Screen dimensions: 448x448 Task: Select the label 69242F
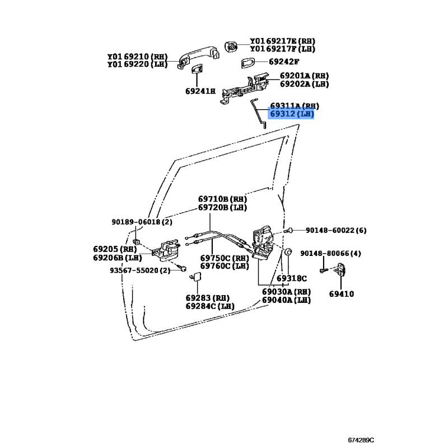(x=284, y=62)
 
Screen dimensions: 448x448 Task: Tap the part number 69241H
(x=200, y=91)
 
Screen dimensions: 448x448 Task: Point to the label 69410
(x=342, y=293)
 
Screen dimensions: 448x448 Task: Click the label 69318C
(x=291, y=278)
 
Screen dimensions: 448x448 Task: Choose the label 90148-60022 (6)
(x=336, y=230)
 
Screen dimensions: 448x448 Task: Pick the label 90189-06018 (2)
(x=142, y=222)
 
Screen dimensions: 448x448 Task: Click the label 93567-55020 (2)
(x=140, y=270)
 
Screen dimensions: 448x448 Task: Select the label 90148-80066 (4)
(x=330, y=254)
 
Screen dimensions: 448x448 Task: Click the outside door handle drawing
(x=198, y=57)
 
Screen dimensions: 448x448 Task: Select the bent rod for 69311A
(x=259, y=113)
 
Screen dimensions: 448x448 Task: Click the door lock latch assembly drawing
(x=262, y=243)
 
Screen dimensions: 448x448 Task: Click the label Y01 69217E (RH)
(x=282, y=41)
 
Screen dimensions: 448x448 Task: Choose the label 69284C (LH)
(x=210, y=306)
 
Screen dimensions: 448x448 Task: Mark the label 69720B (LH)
(x=222, y=208)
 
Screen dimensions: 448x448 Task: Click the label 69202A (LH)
(x=304, y=84)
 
